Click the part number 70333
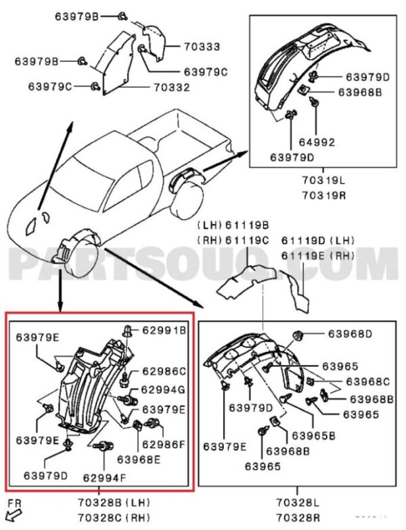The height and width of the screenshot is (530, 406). coord(202,47)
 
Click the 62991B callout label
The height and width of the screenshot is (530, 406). coord(163,330)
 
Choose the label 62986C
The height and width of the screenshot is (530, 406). coord(163,371)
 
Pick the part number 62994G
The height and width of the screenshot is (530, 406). coord(163,389)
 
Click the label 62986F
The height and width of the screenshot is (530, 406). coord(163,445)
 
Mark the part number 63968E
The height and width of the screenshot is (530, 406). coord(139,460)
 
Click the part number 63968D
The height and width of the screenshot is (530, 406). coord(351,333)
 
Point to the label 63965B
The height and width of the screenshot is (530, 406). coord(313,436)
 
